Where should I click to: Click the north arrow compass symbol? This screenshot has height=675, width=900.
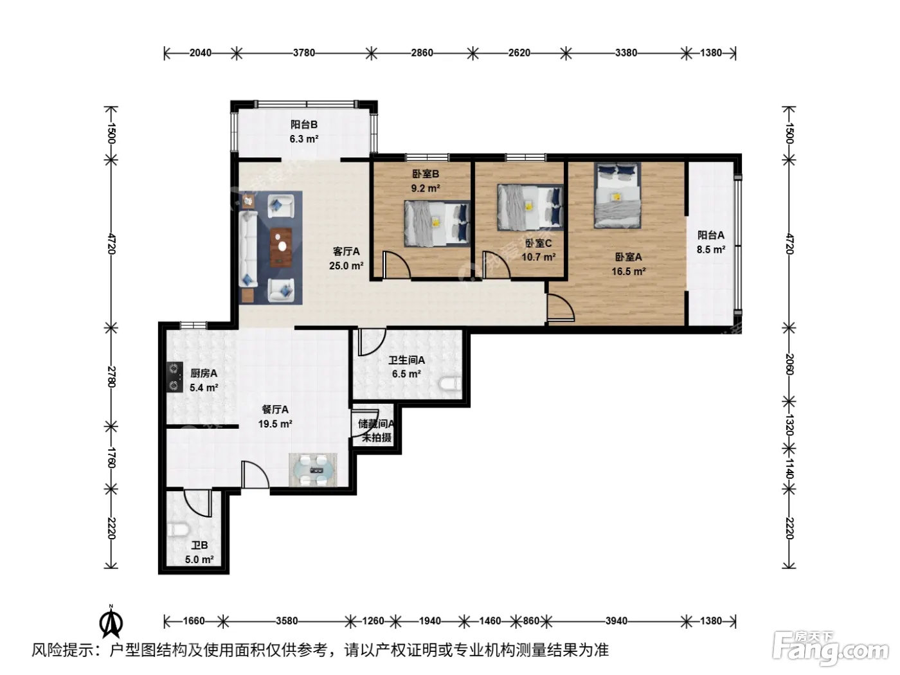point(111,621)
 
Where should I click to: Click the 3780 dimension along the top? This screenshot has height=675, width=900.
point(304,53)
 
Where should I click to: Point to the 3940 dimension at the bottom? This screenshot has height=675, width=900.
point(616,621)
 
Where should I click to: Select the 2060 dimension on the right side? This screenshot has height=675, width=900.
point(789,364)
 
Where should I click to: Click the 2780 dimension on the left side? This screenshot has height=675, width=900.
point(111,377)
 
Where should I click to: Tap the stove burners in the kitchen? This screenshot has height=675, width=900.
point(175,377)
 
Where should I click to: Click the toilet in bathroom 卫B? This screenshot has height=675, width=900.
point(177,530)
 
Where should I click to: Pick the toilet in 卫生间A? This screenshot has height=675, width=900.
point(451,384)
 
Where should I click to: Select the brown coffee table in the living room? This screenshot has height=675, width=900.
point(282,248)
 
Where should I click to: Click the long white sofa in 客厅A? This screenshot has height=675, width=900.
point(248,249)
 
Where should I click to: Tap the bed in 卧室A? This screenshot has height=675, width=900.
point(618,195)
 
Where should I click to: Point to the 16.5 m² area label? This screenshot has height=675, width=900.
point(629,271)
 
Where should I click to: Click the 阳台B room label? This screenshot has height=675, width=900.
point(304,124)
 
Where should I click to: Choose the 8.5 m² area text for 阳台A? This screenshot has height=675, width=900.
point(711,249)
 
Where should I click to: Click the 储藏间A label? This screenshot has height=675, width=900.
point(376,424)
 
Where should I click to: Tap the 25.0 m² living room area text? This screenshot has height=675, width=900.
point(346,265)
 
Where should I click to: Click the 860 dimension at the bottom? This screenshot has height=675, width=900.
point(531,621)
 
